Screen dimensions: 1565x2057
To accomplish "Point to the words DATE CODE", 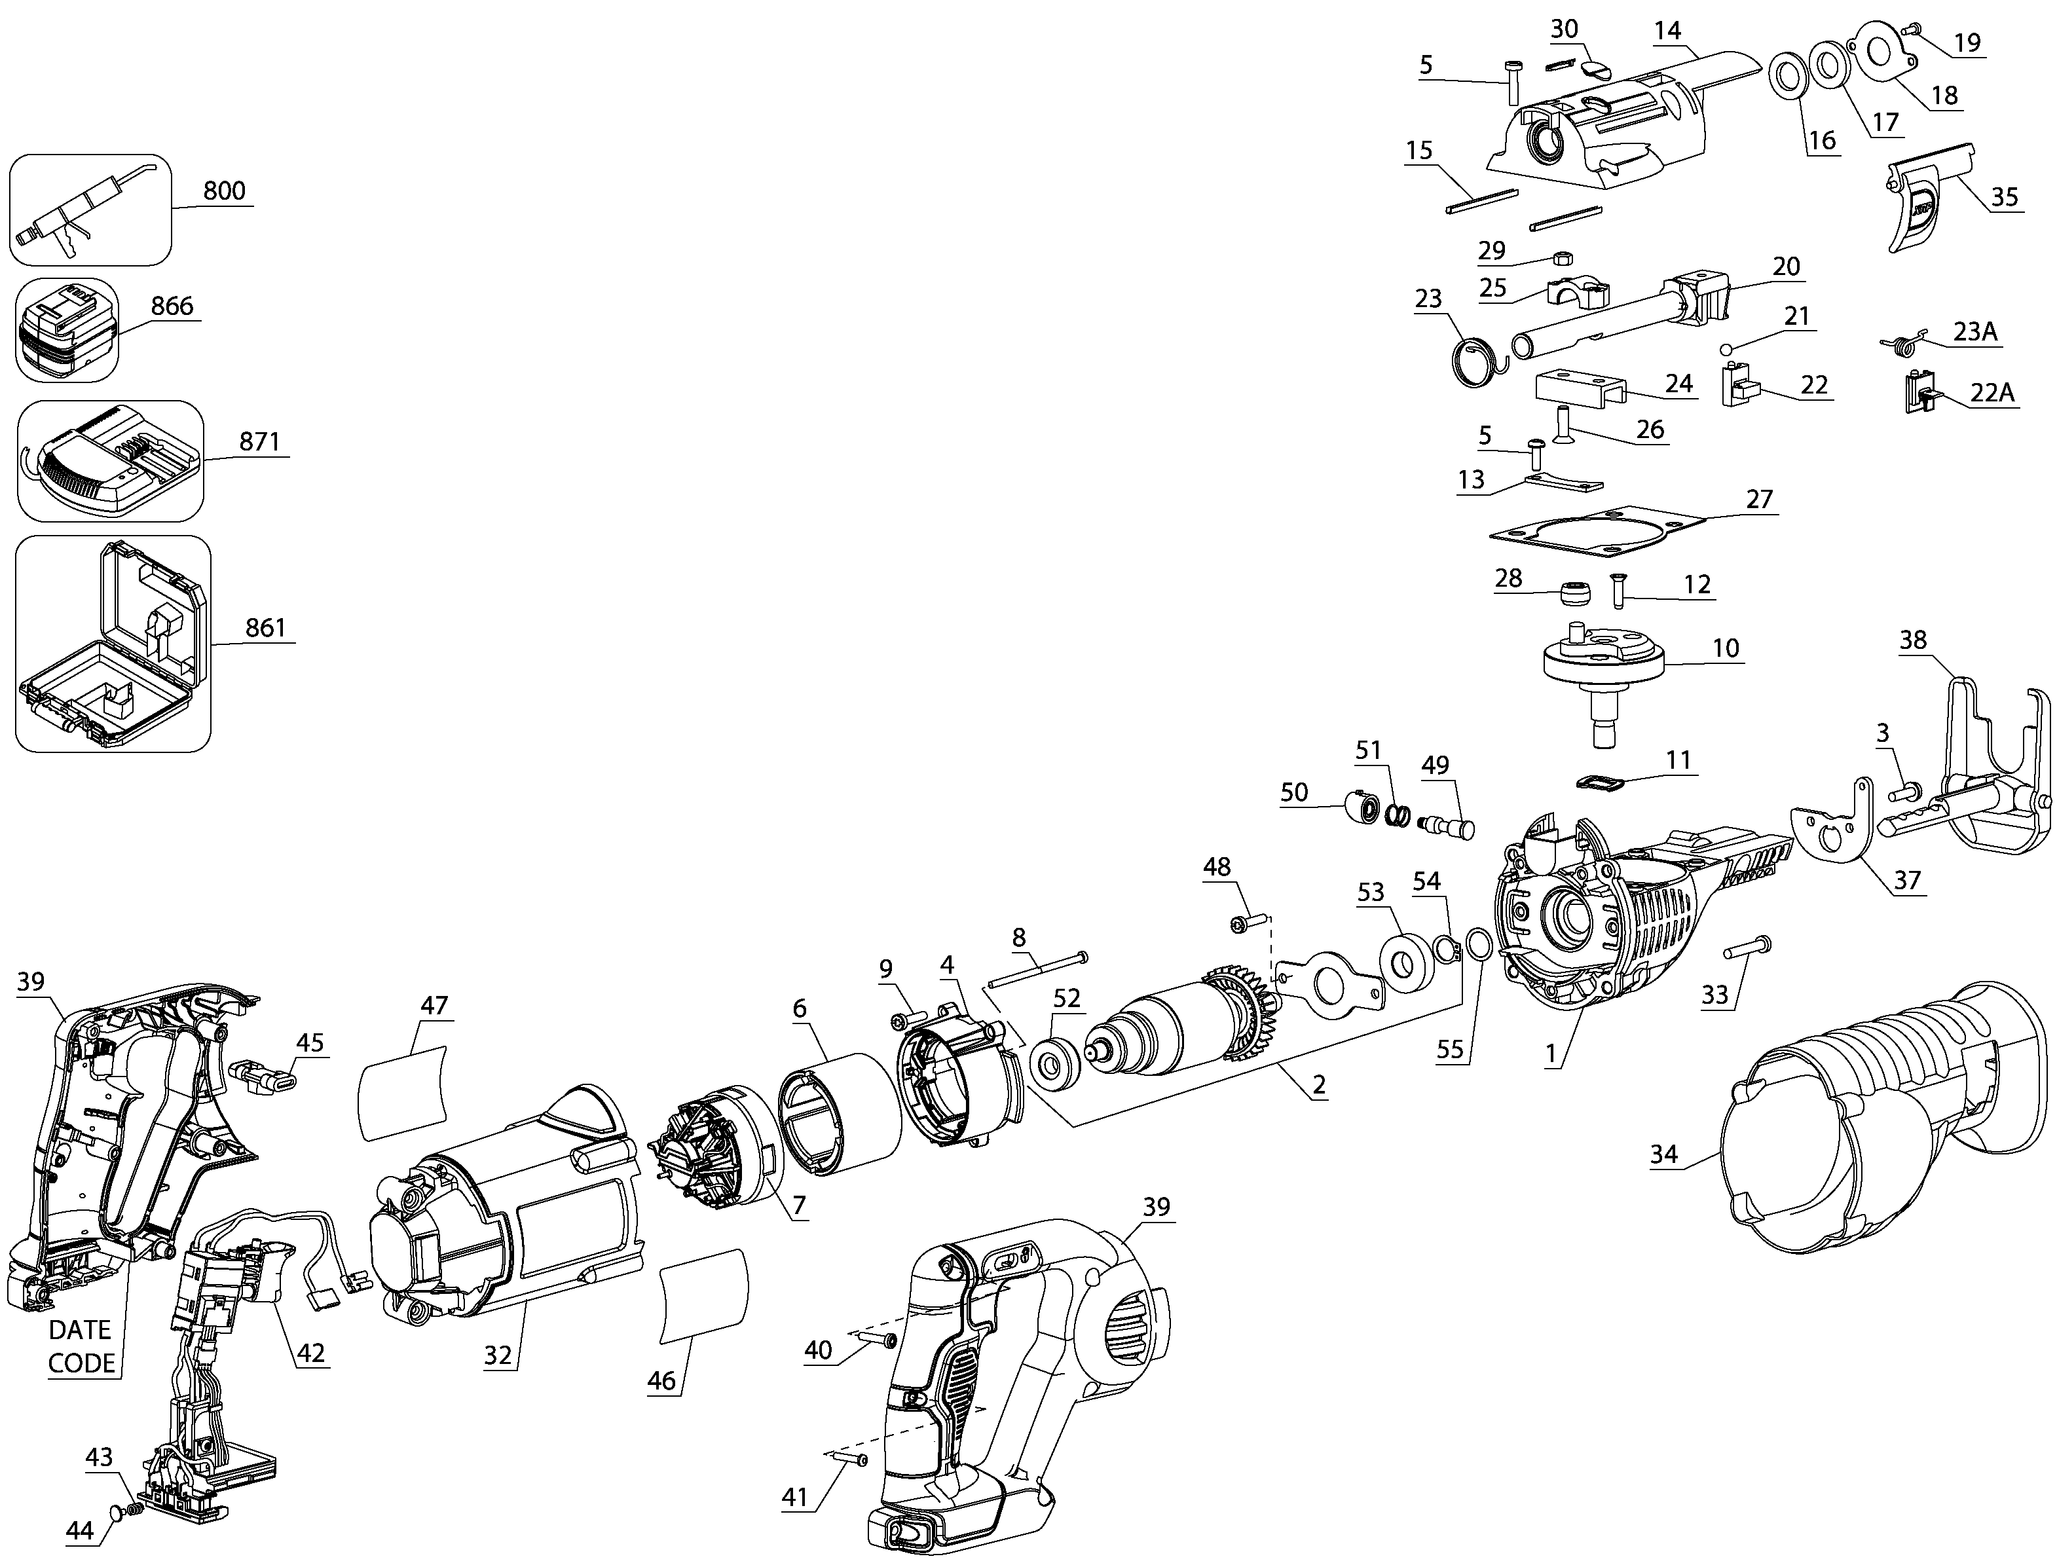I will click(81, 1346).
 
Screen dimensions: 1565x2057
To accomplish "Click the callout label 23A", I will click(1975, 331).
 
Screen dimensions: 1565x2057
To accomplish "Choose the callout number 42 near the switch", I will click(310, 1352).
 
